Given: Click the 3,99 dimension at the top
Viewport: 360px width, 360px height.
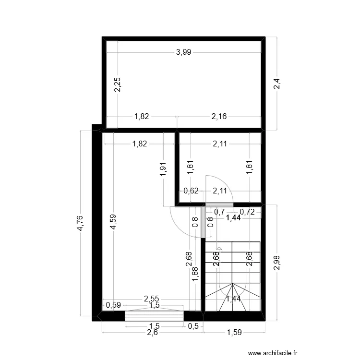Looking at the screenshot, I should (184, 53).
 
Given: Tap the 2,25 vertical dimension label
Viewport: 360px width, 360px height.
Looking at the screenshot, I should (118, 84).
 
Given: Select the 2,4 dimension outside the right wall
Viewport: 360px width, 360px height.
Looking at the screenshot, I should (276, 84).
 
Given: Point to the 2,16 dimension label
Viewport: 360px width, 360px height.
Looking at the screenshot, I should (219, 116).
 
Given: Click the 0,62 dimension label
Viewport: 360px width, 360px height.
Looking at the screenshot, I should (191, 191).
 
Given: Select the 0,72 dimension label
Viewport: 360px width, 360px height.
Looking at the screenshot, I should (247, 212).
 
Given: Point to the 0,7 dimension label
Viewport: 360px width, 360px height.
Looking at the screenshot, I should (219, 212).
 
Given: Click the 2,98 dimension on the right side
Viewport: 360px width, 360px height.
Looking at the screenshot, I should (276, 262).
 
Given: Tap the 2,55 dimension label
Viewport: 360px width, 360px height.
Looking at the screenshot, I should (152, 299).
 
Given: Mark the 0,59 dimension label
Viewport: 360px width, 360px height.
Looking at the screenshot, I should (113, 304).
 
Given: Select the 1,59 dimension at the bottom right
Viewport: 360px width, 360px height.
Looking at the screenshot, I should (234, 332).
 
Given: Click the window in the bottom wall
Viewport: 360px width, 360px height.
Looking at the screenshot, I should (154, 316).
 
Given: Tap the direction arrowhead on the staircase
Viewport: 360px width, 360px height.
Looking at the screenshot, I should (219, 249).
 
